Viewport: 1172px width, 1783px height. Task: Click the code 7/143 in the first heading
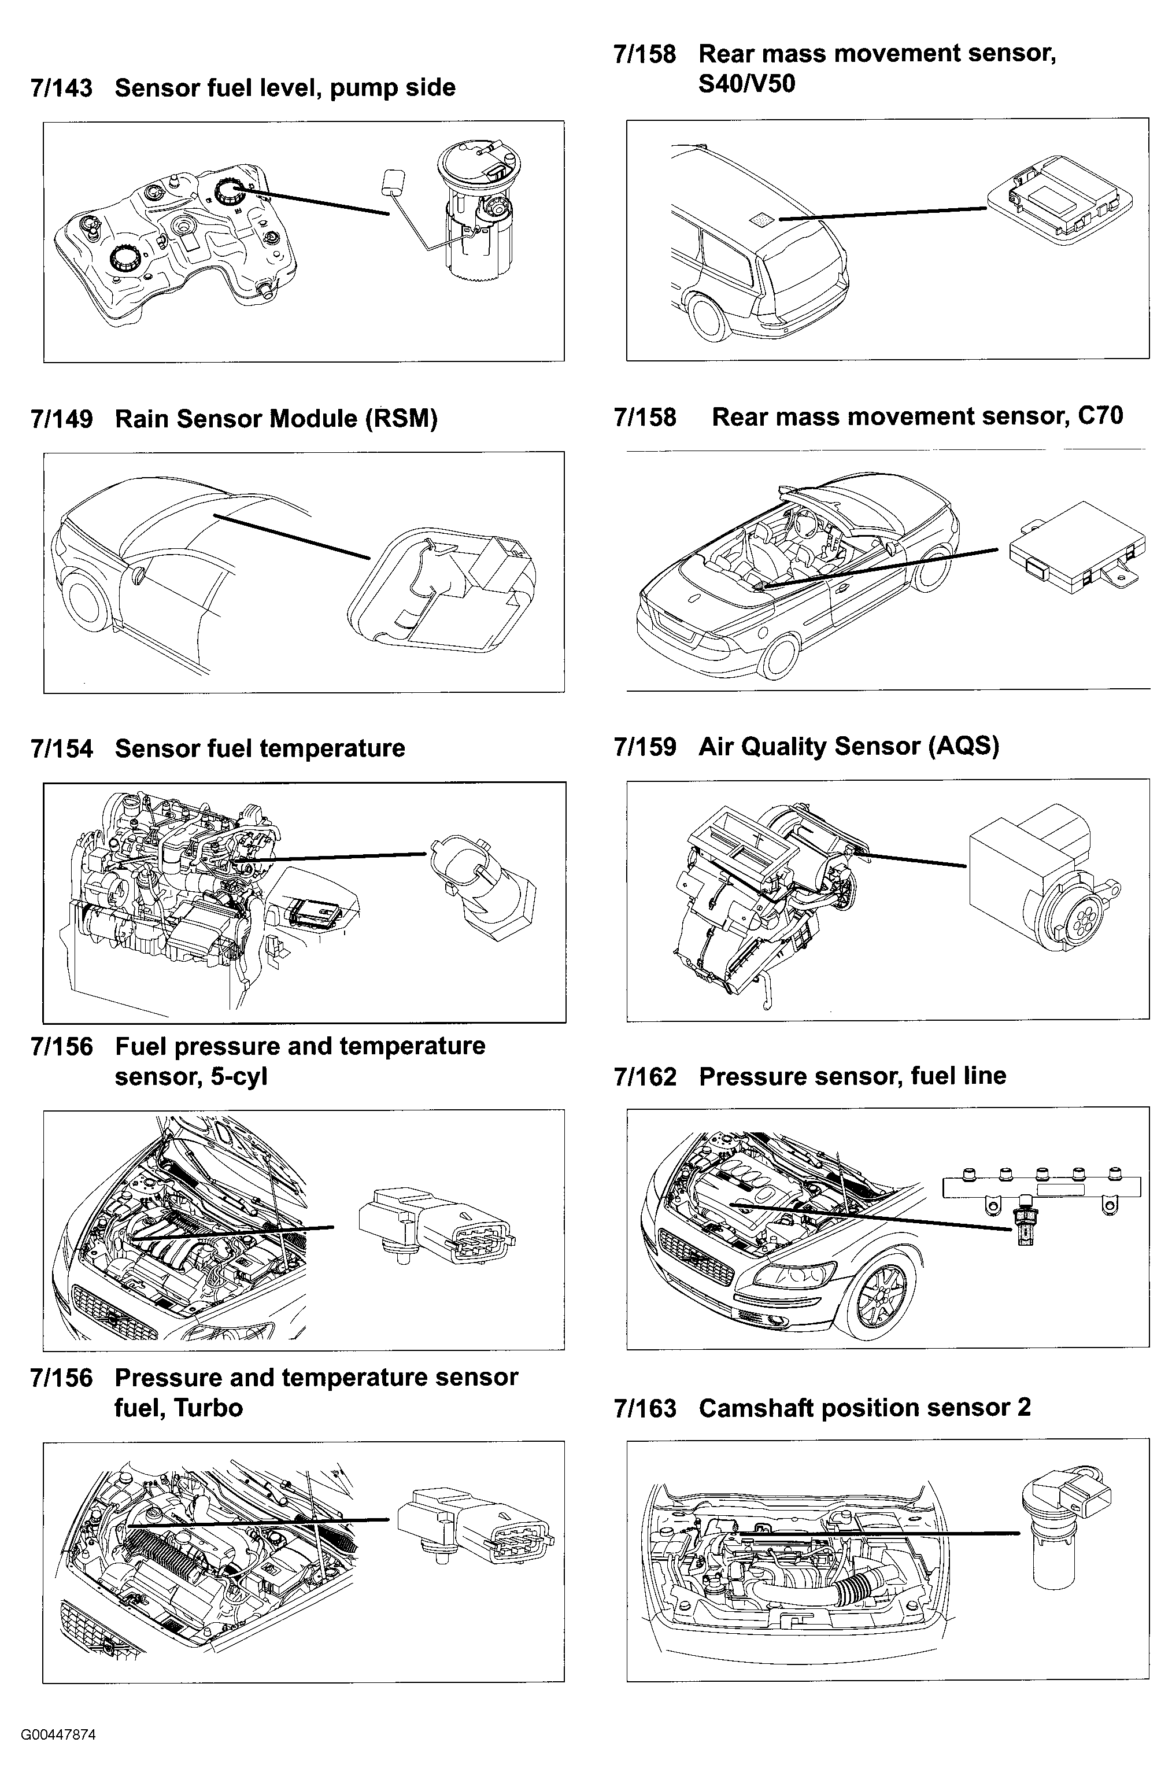coord(61,88)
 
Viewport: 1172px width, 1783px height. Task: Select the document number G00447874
coord(58,1735)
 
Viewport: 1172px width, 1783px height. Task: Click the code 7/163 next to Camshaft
coord(645,1408)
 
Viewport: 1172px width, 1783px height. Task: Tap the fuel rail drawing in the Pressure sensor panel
coord(1041,1187)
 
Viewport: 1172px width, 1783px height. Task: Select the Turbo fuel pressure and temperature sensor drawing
coord(475,1525)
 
